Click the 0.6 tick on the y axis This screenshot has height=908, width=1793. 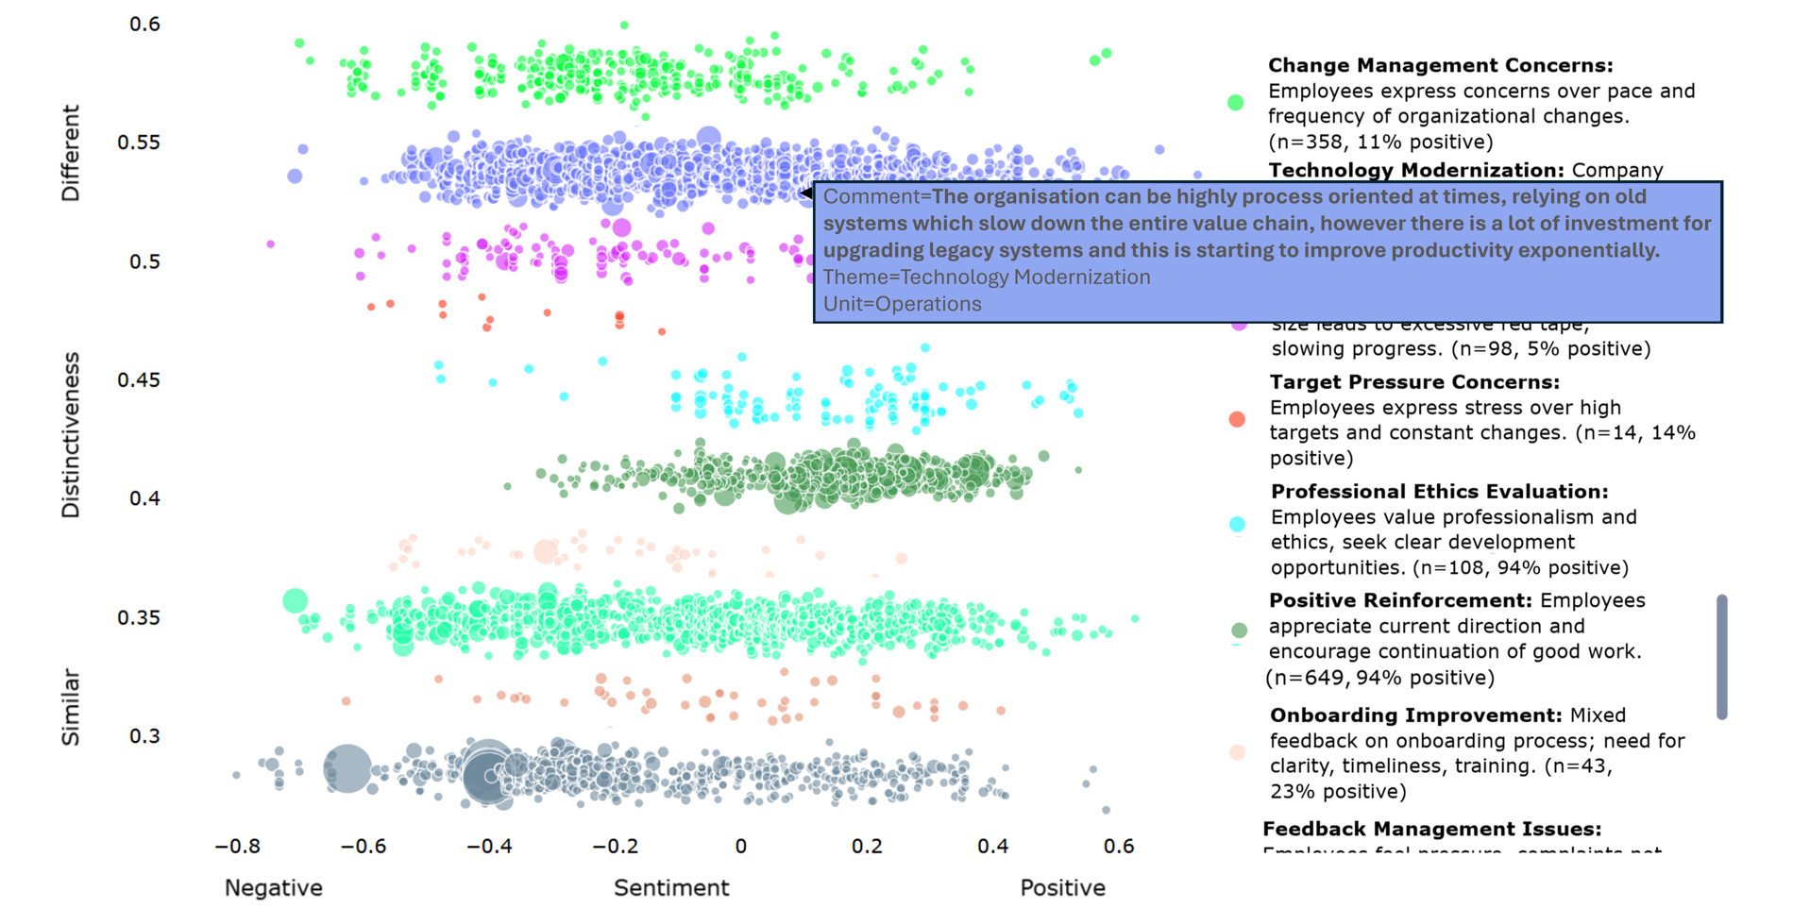click(144, 25)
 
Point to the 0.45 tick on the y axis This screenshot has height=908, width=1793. click(138, 380)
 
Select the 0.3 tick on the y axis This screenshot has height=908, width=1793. click(144, 736)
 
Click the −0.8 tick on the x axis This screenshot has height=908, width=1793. click(237, 847)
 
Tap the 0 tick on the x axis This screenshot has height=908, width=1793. click(740, 847)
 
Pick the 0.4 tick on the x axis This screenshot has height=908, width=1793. click(992, 847)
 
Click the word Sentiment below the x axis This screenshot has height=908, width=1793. click(671, 888)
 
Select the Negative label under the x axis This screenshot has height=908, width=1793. click(274, 888)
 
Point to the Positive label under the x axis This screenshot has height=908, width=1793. click(1062, 888)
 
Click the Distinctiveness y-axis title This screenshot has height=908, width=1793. click(71, 435)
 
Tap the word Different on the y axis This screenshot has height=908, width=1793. click(71, 153)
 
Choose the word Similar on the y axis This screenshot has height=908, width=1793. click(71, 708)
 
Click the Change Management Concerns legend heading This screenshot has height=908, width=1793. click(1440, 65)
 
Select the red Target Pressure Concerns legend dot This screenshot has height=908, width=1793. click(1237, 419)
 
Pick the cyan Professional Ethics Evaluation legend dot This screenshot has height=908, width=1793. click(1237, 524)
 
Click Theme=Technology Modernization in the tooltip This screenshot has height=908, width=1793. click(987, 277)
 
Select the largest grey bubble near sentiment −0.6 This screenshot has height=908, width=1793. click(347, 768)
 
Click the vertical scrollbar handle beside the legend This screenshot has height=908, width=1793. click(1721, 657)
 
